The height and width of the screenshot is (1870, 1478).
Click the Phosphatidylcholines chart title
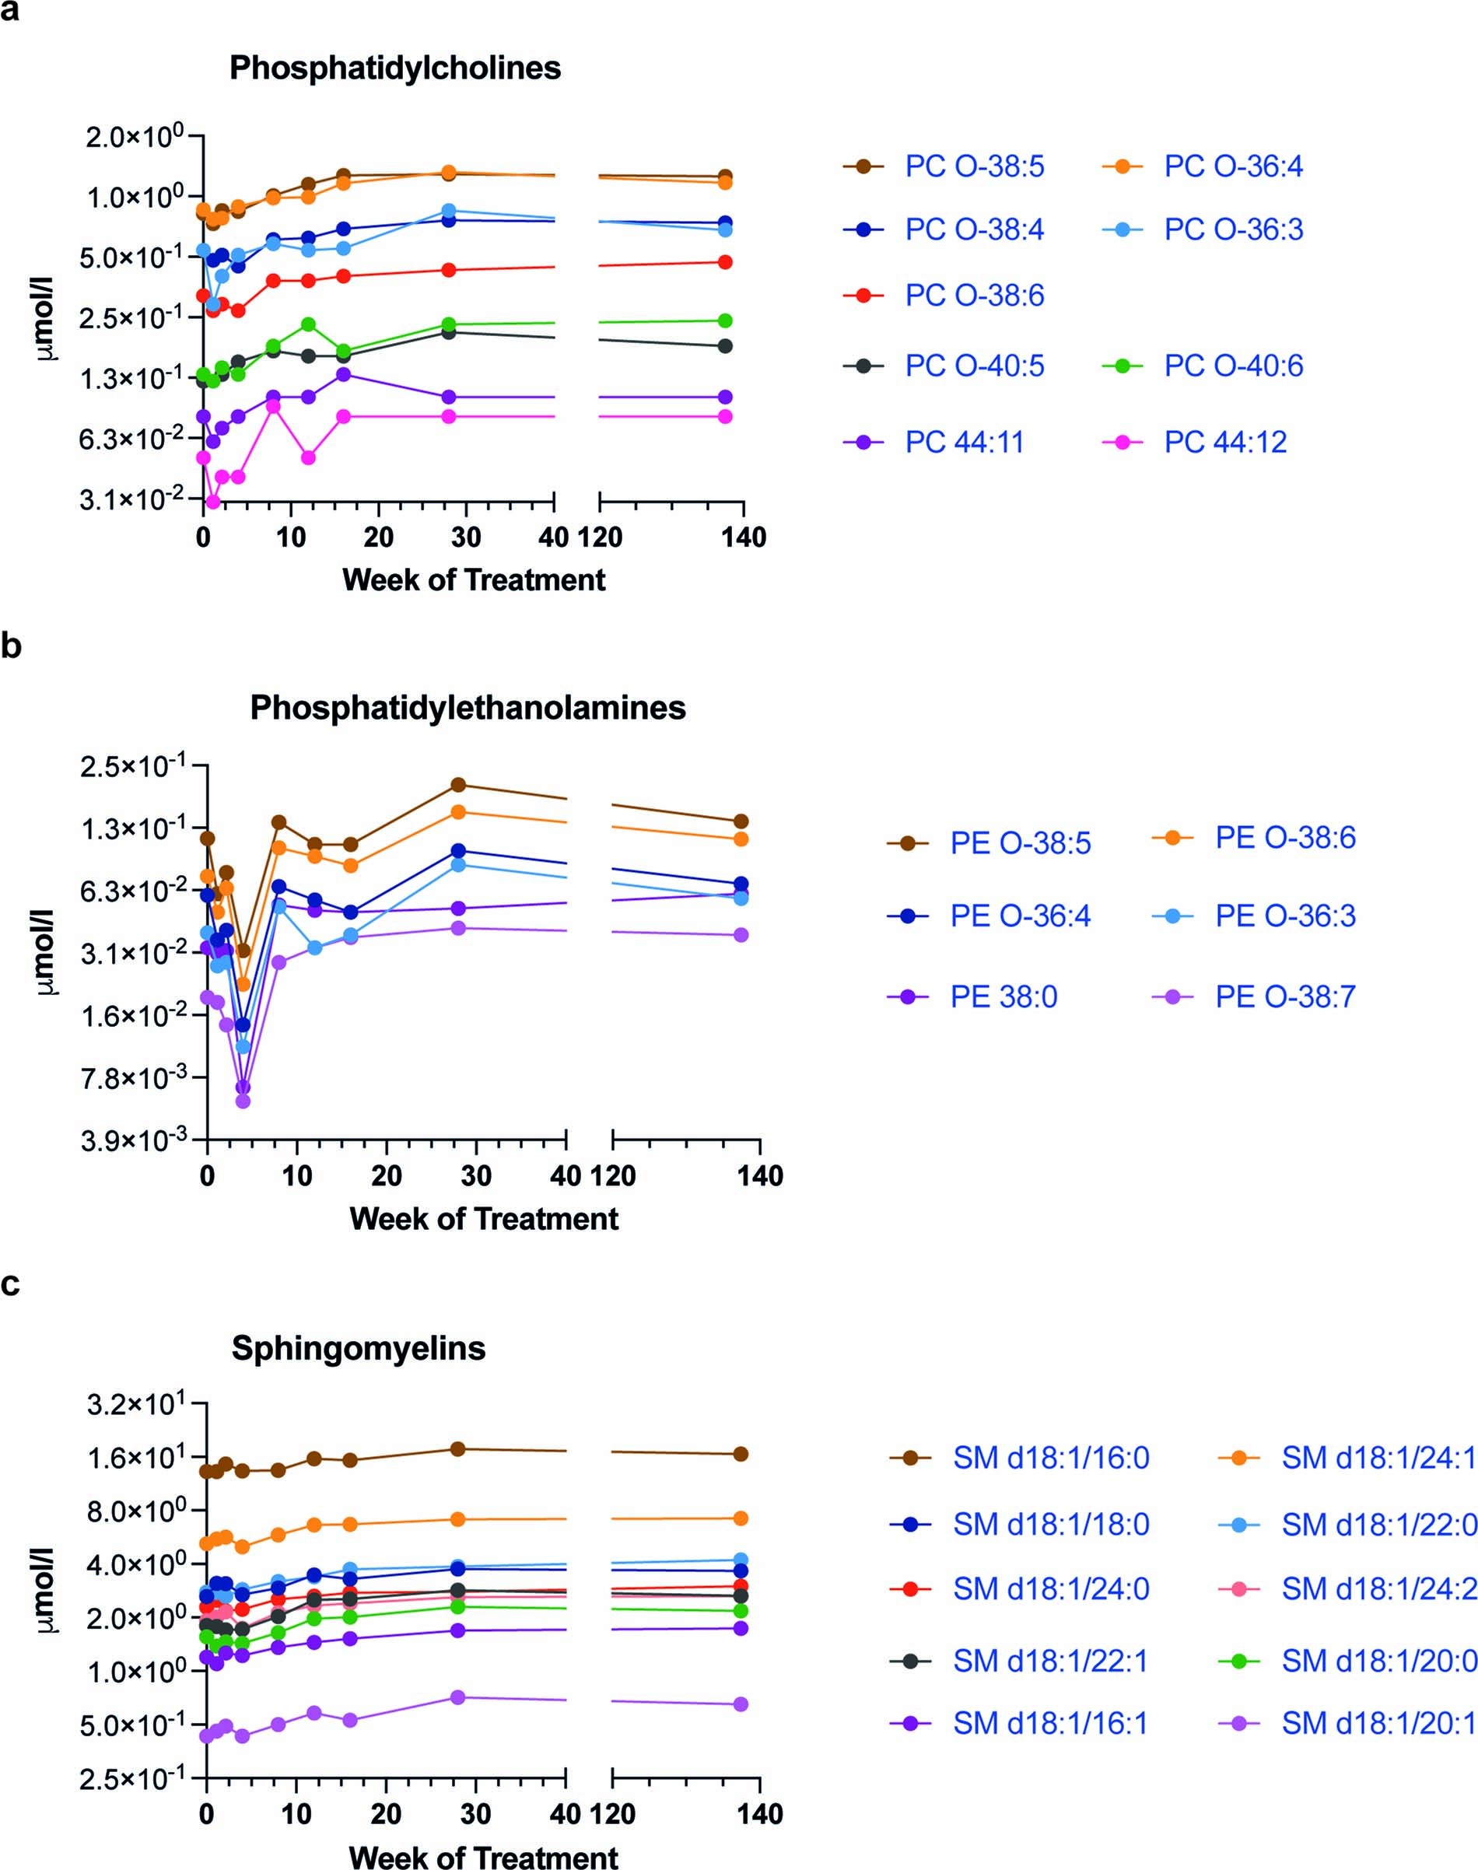coord(394,68)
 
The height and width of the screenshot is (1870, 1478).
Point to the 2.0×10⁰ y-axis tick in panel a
coord(134,136)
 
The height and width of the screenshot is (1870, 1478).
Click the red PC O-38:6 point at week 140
coord(725,262)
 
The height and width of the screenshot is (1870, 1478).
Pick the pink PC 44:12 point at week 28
coord(448,416)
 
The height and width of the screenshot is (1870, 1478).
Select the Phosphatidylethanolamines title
coord(468,708)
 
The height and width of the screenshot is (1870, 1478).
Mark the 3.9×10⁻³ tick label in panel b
coord(134,1140)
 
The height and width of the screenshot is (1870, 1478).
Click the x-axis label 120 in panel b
coord(613,1176)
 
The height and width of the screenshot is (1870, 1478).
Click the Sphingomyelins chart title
coord(359,1348)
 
